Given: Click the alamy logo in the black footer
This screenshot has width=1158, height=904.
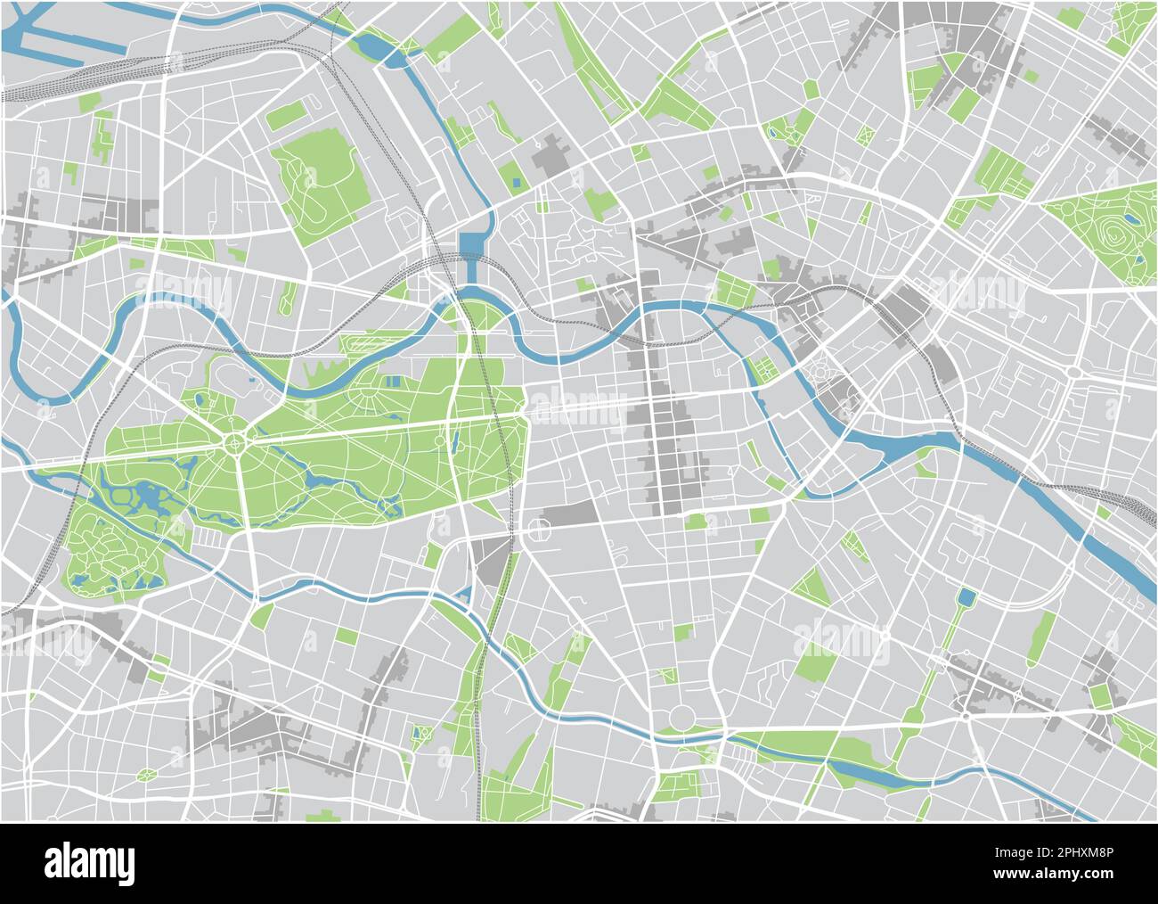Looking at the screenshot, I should [x=89, y=863].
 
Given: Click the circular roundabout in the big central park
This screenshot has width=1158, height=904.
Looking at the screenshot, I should [x=235, y=441].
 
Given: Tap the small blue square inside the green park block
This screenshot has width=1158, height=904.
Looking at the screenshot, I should [x=516, y=182].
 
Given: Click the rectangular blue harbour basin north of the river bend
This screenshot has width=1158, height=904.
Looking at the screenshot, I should [x=471, y=246].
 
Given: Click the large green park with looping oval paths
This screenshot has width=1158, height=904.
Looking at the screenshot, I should [x=319, y=178].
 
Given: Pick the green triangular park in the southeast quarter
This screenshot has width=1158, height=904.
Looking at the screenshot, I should [x=811, y=587].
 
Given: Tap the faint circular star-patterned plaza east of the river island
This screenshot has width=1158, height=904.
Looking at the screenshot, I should [x=819, y=367].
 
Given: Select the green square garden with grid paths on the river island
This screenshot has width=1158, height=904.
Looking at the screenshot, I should [x=762, y=368].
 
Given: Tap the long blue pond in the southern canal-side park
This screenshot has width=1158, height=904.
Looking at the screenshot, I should [x=860, y=773].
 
